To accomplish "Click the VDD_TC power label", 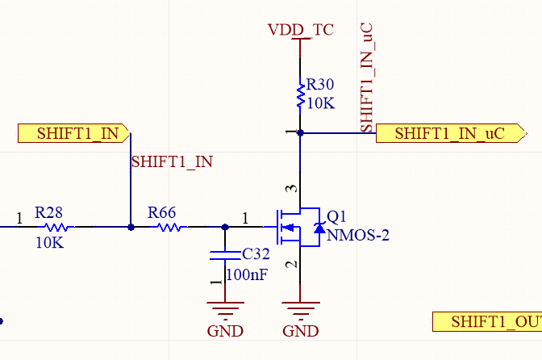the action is [301, 30].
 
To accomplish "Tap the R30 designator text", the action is [320, 85].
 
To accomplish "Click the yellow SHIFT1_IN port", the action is [73, 133].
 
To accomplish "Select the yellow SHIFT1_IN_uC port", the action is [451, 133].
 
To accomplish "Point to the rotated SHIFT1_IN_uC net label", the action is [366, 77].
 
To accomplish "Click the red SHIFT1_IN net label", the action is [172, 162].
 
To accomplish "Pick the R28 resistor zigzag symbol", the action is [56, 227].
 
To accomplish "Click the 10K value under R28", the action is [50, 243].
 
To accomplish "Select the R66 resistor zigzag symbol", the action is [169, 227].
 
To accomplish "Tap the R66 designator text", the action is [162, 212].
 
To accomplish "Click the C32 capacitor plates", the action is [225, 256].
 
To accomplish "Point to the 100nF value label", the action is [247, 275].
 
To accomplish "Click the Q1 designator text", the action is [336, 217].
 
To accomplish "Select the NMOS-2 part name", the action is [358, 236].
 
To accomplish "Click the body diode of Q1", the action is [319, 228].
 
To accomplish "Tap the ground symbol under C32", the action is [225, 310].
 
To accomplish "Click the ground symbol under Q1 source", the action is [300, 310].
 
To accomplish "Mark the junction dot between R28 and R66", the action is [131, 227].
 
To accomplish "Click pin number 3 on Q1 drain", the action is [291, 189].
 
